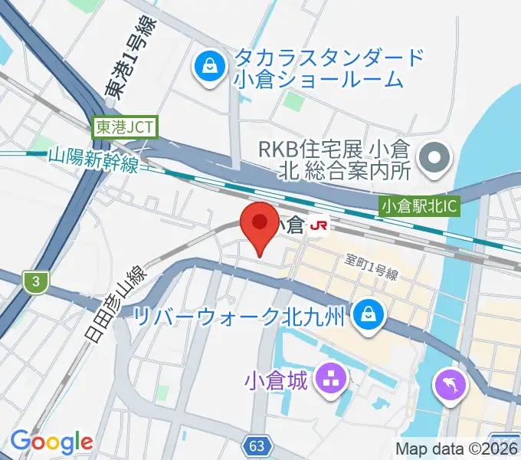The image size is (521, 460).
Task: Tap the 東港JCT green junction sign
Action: click(x=126, y=127)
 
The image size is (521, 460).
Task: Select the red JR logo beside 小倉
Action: click(x=320, y=225)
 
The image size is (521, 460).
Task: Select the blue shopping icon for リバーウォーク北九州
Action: click(x=369, y=314)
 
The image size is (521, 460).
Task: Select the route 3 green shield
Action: click(x=35, y=282)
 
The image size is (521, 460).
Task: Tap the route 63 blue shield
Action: click(x=258, y=445)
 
